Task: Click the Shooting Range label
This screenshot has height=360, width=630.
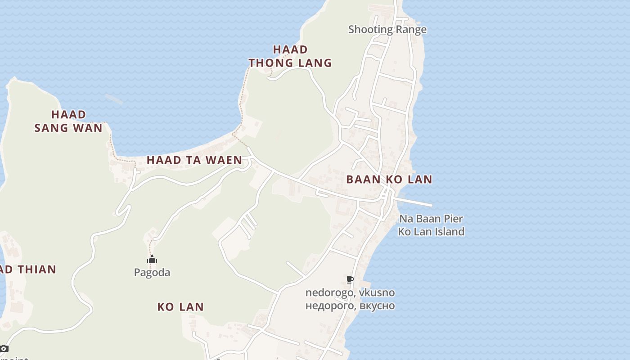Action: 387,30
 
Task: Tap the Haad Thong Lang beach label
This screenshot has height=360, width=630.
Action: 290,56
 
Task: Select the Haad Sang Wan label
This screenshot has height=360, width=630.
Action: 68,121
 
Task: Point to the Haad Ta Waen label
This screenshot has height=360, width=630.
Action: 194,160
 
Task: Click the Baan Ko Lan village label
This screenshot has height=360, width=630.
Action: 389,180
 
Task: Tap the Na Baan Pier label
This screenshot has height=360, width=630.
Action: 431,219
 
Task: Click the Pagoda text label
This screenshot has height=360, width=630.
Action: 152,273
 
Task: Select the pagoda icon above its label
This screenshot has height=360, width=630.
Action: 152,260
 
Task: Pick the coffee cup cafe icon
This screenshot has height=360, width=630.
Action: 350,280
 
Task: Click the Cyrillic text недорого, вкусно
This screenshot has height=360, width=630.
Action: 350,306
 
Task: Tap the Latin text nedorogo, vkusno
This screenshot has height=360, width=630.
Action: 350,293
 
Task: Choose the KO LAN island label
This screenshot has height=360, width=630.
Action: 180,307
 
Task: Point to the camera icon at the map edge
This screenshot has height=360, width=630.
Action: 4,348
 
